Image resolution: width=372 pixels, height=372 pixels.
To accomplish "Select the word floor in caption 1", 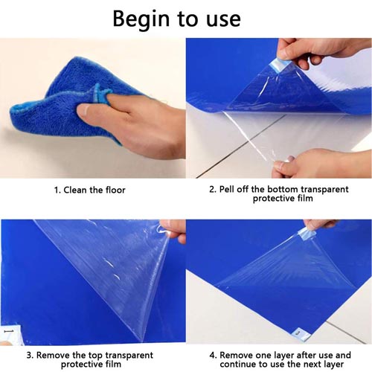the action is (115, 190).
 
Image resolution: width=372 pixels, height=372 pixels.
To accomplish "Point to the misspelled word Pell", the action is (227, 189).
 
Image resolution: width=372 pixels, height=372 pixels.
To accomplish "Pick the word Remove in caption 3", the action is (53, 355).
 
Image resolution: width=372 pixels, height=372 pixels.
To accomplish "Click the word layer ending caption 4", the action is (332, 365).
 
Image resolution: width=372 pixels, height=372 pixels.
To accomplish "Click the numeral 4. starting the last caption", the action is (213, 356).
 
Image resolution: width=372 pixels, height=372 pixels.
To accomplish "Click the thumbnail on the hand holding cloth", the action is (83, 109).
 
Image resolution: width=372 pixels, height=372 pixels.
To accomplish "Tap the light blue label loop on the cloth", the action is (98, 93).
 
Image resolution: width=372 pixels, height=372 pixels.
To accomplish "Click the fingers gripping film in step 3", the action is (173, 230).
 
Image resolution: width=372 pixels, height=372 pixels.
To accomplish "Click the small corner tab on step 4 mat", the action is (301, 333).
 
